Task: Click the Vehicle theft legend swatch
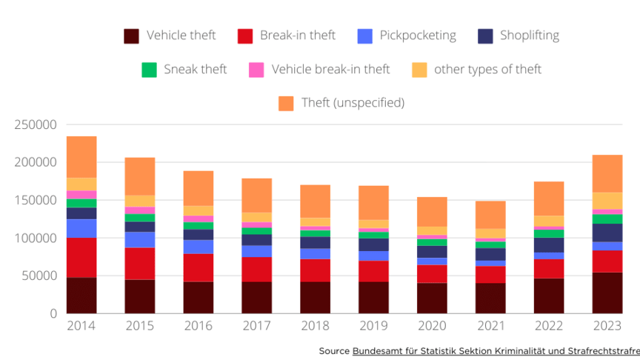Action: (131, 36)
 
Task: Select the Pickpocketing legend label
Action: (417, 36)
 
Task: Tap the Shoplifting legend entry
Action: (529, 36)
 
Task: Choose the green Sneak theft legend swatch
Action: (149, 70)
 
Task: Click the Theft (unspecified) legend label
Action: (353, 103)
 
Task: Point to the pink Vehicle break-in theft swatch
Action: (256, 70)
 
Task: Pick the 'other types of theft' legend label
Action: (487, 70)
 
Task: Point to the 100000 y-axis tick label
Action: (36, 239)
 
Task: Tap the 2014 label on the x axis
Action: (81, 327)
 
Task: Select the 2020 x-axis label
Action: (432, 327)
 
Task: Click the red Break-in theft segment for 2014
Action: (81, 257)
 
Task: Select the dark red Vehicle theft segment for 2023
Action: (607, 293)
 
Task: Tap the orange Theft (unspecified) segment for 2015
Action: (140, 176)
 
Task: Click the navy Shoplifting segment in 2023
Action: (607, 233)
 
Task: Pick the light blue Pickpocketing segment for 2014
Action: (81, 228)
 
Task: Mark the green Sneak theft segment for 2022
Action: (548, 233)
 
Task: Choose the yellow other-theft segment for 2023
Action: (607, 201)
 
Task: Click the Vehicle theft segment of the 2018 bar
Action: (315, 297)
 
